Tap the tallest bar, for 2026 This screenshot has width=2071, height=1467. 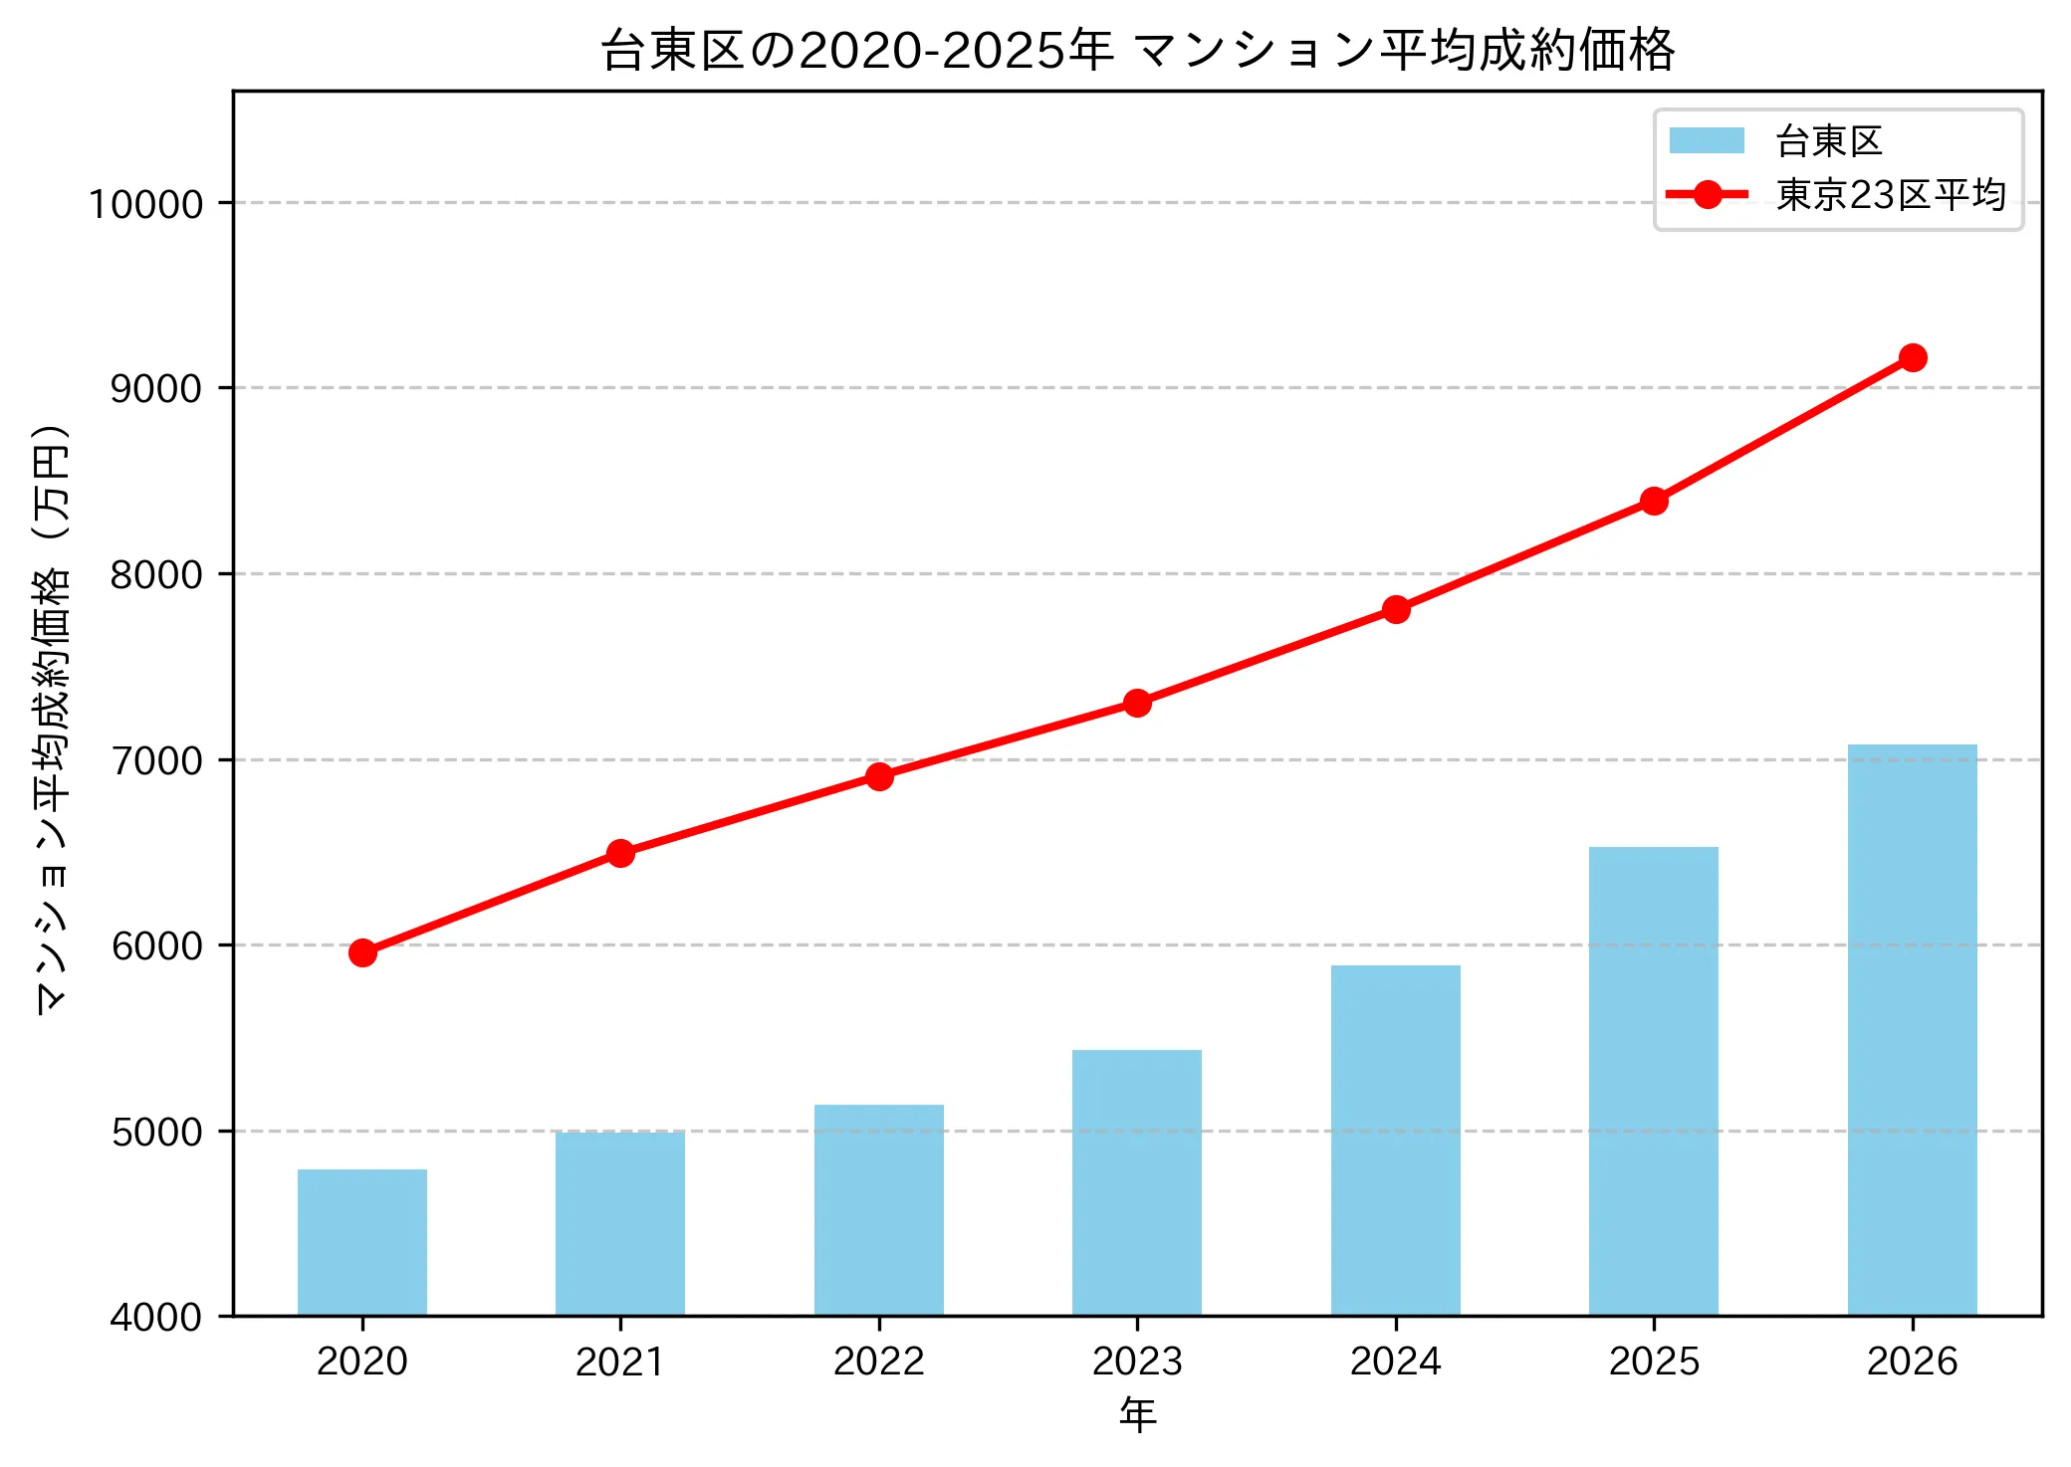(1912, 1030)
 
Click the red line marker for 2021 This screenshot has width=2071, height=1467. (620, 853)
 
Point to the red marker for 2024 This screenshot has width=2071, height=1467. (1396, 609)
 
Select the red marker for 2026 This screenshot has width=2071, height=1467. (1912, 357)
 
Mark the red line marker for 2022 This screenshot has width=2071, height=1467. (879, 776)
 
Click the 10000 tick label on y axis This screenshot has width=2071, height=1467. (146, 204)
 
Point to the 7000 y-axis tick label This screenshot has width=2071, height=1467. (156, 760)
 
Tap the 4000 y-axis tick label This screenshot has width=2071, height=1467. (156, 1317)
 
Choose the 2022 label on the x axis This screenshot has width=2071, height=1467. (879, 1361)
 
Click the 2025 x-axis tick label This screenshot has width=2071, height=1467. (1654, 1361)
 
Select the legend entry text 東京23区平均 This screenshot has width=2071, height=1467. (1891, 195)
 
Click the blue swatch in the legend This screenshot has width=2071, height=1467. (1707, 141)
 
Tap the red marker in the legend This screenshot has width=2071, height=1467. (1707, 195)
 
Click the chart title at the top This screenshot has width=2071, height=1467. (1137, 50)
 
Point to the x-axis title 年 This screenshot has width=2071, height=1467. (1137, 1414)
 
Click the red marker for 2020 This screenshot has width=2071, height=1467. (362, 953)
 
